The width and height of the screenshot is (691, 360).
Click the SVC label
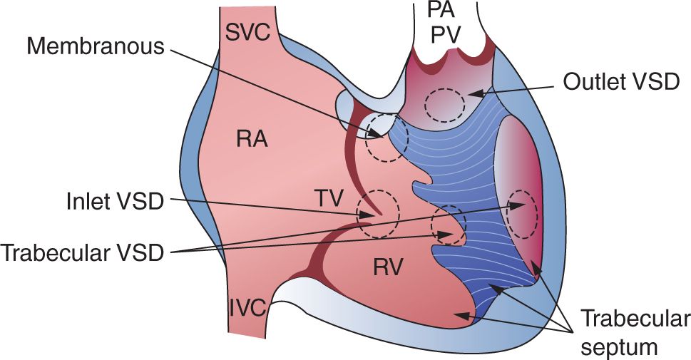pyautogui.click(x=249, y=32)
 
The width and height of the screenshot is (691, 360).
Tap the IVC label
pyautogui.click(x=247, y=308)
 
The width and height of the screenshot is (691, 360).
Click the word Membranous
pyautogui.click(x=96, y=47)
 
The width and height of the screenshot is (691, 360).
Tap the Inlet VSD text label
pyautogui.click(x=112, y=202)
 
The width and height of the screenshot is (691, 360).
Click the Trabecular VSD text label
pyautogui.click(x=83, y=252)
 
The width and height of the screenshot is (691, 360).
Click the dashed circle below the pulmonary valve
pyautogui.click(x=444, y=105)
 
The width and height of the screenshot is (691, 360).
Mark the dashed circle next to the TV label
pyautogui.click(x=378, y=214)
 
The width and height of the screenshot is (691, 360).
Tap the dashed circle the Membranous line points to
pyautogui.click(x=387, y=139)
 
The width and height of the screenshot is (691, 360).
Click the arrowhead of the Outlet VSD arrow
pyautogui.click(x=476, y=92)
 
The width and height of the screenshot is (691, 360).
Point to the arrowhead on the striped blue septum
pyautogui.click(x=493, y=287)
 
